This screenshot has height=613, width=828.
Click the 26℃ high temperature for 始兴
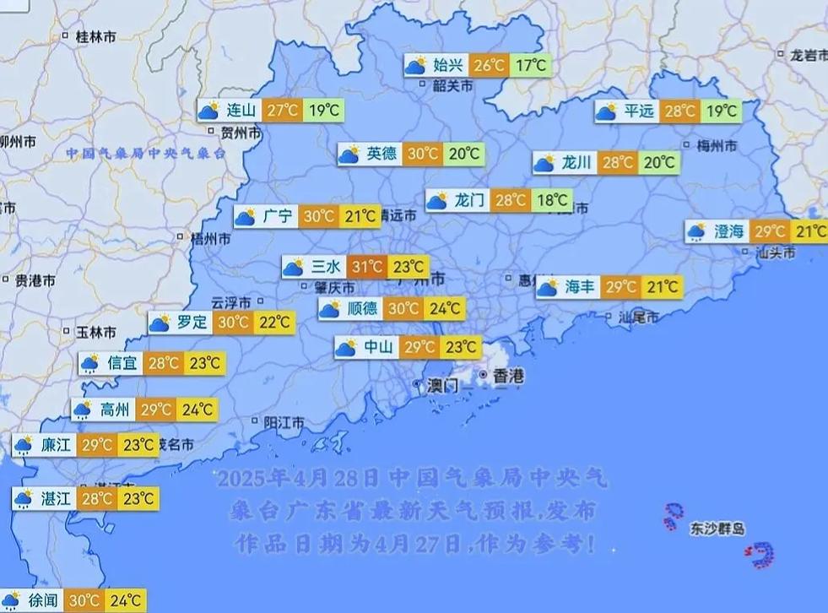point(488,65)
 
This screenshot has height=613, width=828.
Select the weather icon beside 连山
point(208,110)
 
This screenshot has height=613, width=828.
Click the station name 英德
point(382,154)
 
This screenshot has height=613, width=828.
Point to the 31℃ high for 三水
point(367,268)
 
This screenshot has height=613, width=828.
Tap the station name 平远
point(639,111)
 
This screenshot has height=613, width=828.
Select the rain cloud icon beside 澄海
point(696,231)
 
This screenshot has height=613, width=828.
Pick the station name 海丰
point(580,287)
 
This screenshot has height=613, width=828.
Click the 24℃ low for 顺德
point(444,309)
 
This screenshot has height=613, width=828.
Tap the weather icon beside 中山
point(346,347)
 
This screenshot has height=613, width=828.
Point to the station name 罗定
point(192,322)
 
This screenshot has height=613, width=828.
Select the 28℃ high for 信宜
point(164,364)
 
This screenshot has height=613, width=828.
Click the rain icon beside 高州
point(82,410)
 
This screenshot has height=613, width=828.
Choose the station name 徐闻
point(43,601)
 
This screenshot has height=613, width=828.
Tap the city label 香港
point(508,377)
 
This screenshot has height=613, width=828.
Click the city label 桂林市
point(95,36)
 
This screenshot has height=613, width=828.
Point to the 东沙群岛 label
point(717,529)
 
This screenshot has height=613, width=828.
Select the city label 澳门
point(442,385)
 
